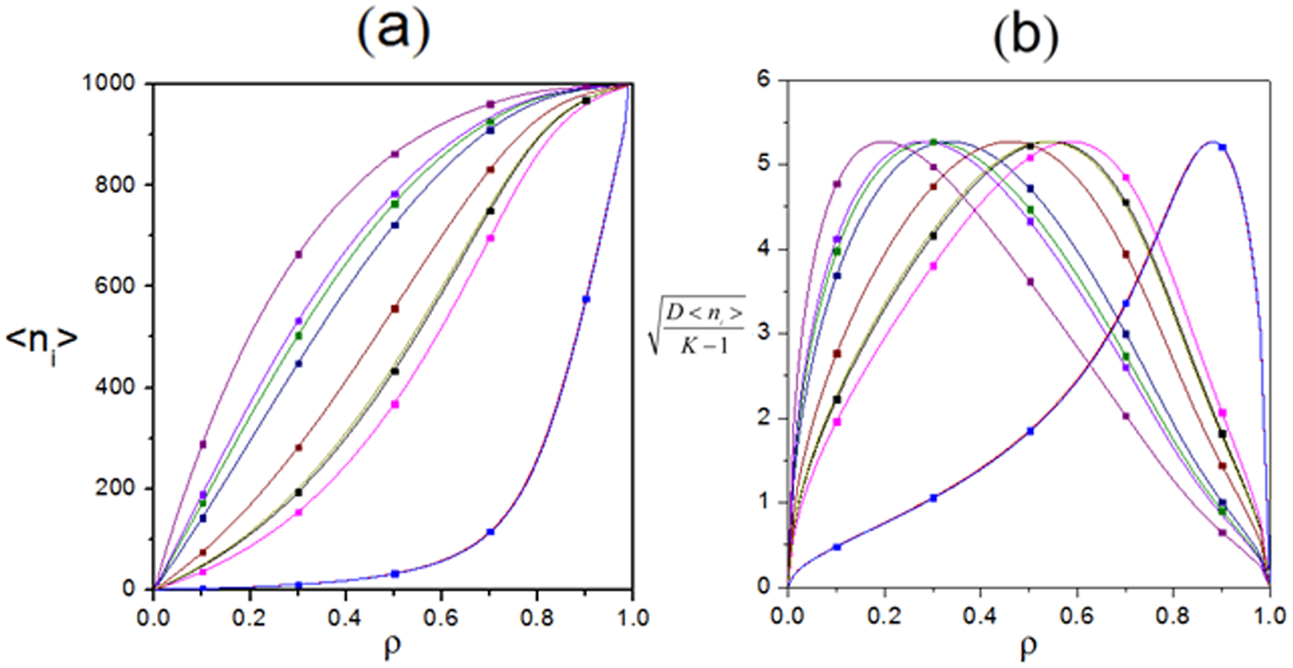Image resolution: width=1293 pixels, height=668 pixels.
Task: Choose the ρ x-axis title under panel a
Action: pyautogui.click(x=393, y=646)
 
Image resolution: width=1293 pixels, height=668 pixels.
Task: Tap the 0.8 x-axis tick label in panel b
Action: pyautogui.click(x=1173, y=613)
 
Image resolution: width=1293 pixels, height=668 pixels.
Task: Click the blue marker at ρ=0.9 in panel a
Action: pyautogui.click(x=586, y=299)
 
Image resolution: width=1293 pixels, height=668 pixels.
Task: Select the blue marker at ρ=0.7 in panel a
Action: pyautogui.click(x=490, y=532)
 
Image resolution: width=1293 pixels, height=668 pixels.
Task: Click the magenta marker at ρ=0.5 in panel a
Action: pyautogui.click(x=395, y=404)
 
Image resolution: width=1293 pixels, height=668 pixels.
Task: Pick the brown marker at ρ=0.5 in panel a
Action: pyautogui.click(x=395, y=309)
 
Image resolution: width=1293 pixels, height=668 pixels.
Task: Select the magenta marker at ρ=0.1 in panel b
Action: pyautogui.click(x=836, y=422)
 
